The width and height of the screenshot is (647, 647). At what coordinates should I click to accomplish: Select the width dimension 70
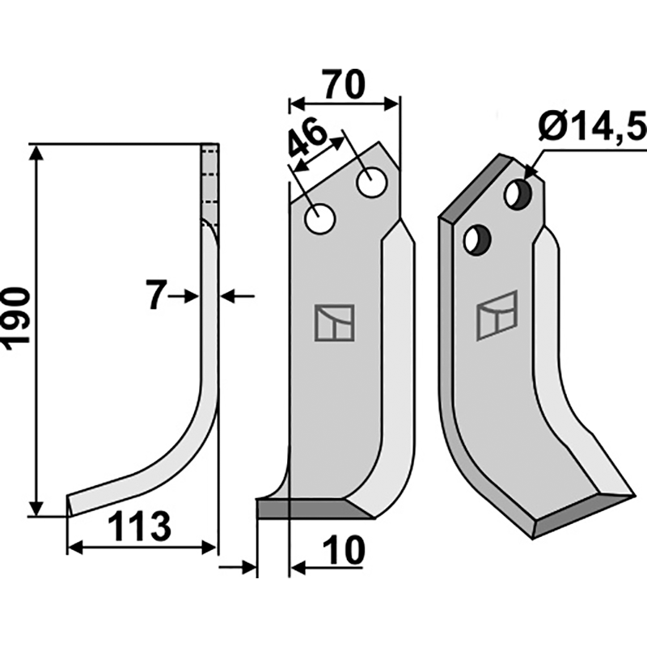pos(344,84)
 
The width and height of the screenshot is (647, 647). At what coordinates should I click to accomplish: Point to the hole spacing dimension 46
pos(307,139)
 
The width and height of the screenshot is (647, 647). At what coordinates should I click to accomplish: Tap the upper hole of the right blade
pos(515,193)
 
